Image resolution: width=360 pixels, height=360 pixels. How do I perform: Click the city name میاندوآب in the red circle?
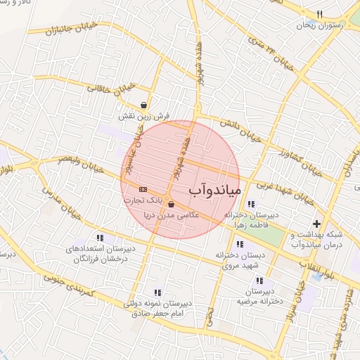coord(216,191)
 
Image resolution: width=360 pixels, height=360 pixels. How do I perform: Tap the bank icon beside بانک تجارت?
coord(143,189)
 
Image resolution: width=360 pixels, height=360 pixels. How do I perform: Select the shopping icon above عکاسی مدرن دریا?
coord(172,205)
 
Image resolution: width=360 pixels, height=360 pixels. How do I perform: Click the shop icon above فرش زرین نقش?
coord(143,104)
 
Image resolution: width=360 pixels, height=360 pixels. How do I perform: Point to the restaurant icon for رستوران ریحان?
coord(319,14)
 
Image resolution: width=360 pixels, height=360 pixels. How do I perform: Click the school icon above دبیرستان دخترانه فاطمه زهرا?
coord(251,203)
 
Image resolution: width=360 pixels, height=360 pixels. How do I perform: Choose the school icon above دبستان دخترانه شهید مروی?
coord(240,245)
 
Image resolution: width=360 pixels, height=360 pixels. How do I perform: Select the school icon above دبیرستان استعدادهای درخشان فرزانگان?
coord(99,238)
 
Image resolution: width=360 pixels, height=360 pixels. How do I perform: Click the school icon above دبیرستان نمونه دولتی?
coord(157,292)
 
